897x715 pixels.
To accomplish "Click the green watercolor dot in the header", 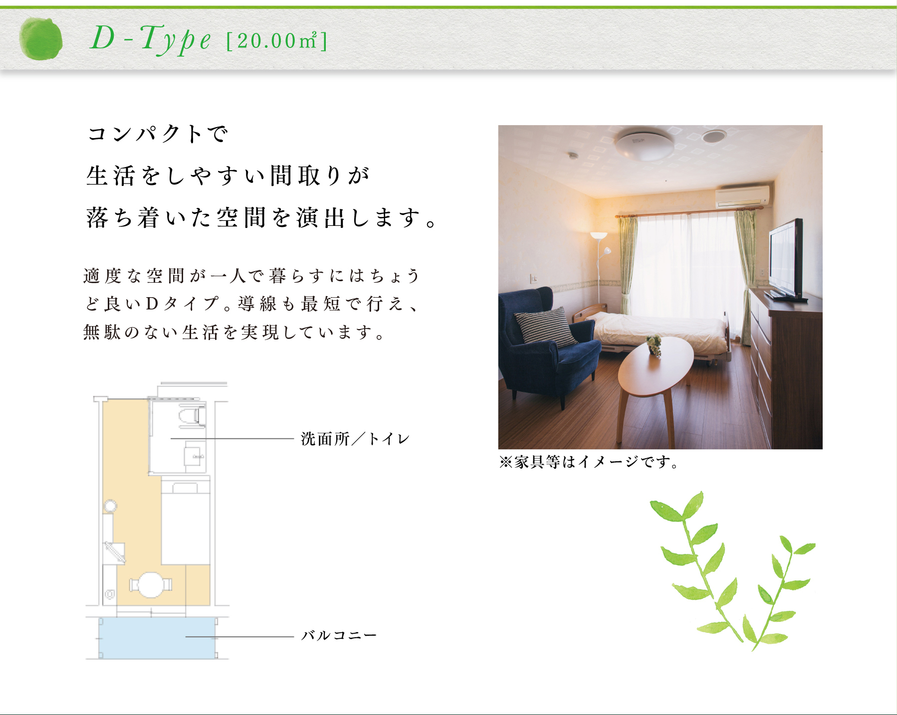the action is [41, 39].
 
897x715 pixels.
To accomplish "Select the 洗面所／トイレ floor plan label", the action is [355, 439].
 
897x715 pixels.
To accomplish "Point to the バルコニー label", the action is [339, 636].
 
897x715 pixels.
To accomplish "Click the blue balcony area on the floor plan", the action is [157, 638].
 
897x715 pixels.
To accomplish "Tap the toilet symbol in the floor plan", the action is [192, 416].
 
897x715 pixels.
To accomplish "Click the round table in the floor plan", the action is [151, 585].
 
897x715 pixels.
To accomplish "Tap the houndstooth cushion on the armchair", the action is [545, 327].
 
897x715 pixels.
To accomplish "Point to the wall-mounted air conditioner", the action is [743, 197].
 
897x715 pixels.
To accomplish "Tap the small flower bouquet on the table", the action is [654, 345].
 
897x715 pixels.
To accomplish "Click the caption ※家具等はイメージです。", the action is [589, 462].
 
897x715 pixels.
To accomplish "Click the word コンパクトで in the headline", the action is [158, 134].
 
